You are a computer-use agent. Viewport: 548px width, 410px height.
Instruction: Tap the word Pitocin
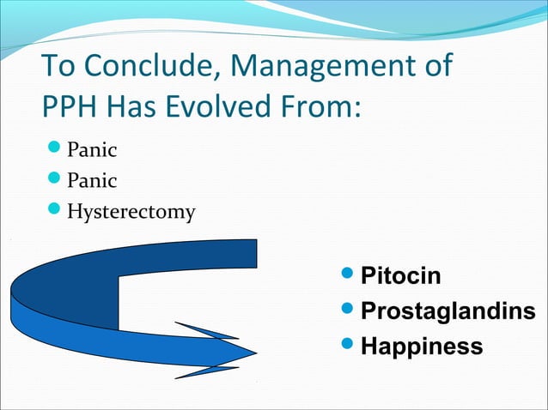(400, 276)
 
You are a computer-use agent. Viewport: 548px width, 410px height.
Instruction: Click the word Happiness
(421, 347)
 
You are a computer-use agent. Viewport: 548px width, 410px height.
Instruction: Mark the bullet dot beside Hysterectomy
(51, 210)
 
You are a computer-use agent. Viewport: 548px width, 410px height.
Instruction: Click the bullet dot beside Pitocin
(345, 276)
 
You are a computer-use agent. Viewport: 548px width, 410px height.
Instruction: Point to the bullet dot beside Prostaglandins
(345, 311)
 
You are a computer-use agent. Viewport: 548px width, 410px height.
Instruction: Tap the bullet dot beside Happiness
(345, 347)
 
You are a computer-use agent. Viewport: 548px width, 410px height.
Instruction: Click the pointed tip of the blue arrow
(255, 352)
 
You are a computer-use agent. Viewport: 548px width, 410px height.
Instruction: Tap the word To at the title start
(56, 66)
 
